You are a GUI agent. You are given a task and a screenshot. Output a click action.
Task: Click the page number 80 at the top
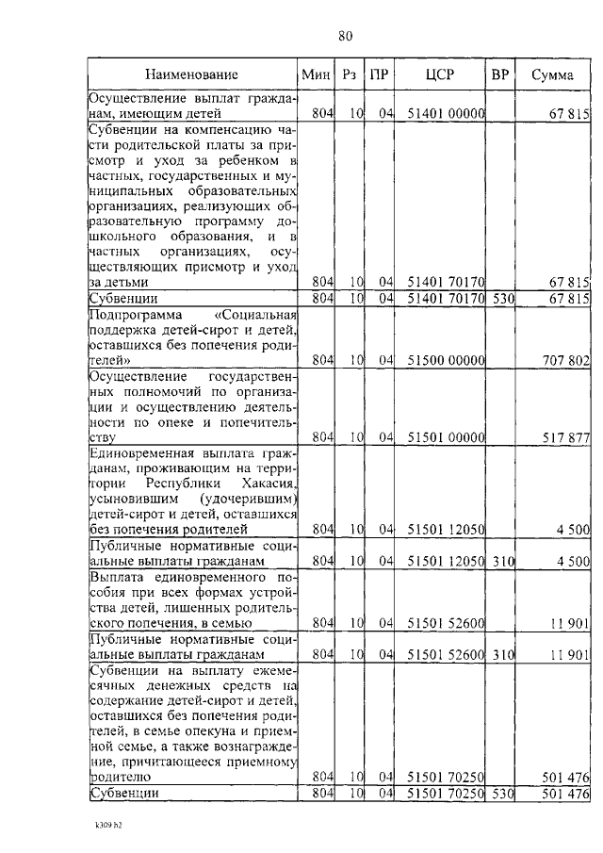pos(344,36)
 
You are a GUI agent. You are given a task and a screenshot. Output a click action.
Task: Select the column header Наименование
pos(192,74)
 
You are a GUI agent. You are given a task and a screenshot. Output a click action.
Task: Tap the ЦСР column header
pos(440,74)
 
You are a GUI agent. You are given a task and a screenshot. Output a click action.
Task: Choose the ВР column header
pos(499,74)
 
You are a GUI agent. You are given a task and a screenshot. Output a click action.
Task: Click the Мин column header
pos(314,74)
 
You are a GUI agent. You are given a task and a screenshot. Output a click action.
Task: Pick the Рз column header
pos(350,74)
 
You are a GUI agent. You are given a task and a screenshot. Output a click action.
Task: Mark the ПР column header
pos(380,74)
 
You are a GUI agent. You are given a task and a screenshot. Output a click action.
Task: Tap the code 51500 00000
pos(446,359)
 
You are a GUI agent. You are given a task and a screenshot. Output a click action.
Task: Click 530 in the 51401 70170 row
pos(499,299)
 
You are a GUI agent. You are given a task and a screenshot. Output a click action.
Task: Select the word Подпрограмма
pos(132,314)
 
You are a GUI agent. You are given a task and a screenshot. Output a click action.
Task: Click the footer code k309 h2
pos(96,825)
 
